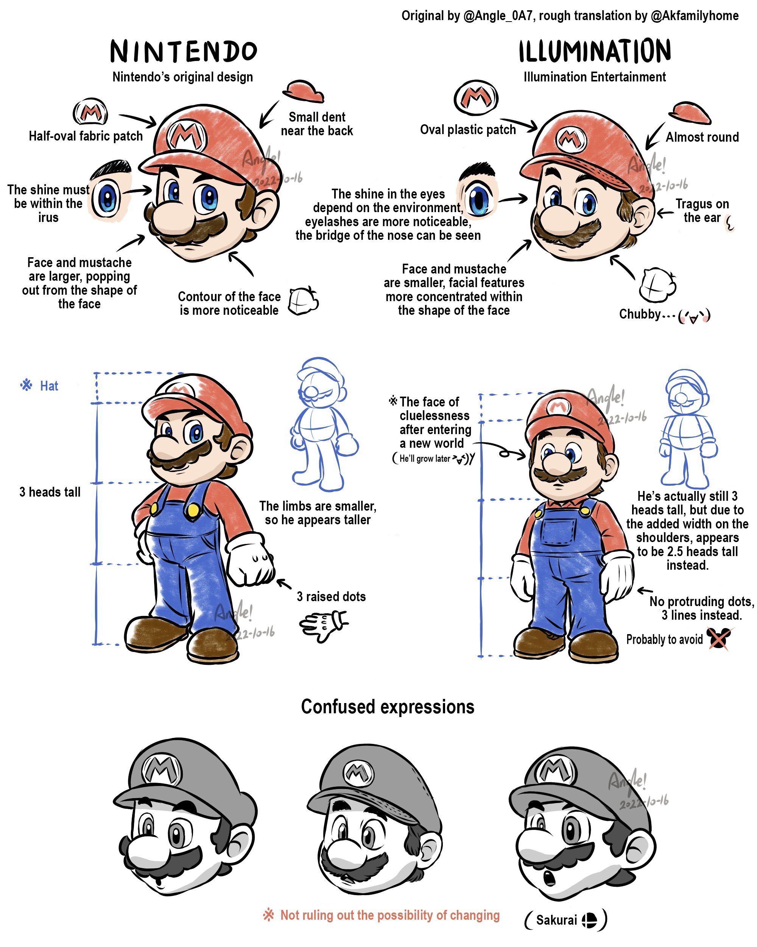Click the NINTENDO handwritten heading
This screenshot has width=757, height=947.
tap(184, 51)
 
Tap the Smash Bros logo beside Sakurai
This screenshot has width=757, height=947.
tap(589, 919)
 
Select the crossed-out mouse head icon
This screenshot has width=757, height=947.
tap(719, 638)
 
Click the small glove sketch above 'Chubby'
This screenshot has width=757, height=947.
tap(657, 284)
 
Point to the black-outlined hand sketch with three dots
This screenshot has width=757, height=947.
tap(323, 625)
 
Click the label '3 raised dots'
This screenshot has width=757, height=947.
tap(331, 596)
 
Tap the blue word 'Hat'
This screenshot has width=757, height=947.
tap(49, 386)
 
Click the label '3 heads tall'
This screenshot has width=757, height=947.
tap(50, 492)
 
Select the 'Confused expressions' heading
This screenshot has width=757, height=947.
tap(388, 707)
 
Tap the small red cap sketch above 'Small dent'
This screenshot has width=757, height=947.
tap(304, 91)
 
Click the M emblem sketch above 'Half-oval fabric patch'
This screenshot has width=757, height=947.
tap(90, 112)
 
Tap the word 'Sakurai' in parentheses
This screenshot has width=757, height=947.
tap(556, 920)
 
